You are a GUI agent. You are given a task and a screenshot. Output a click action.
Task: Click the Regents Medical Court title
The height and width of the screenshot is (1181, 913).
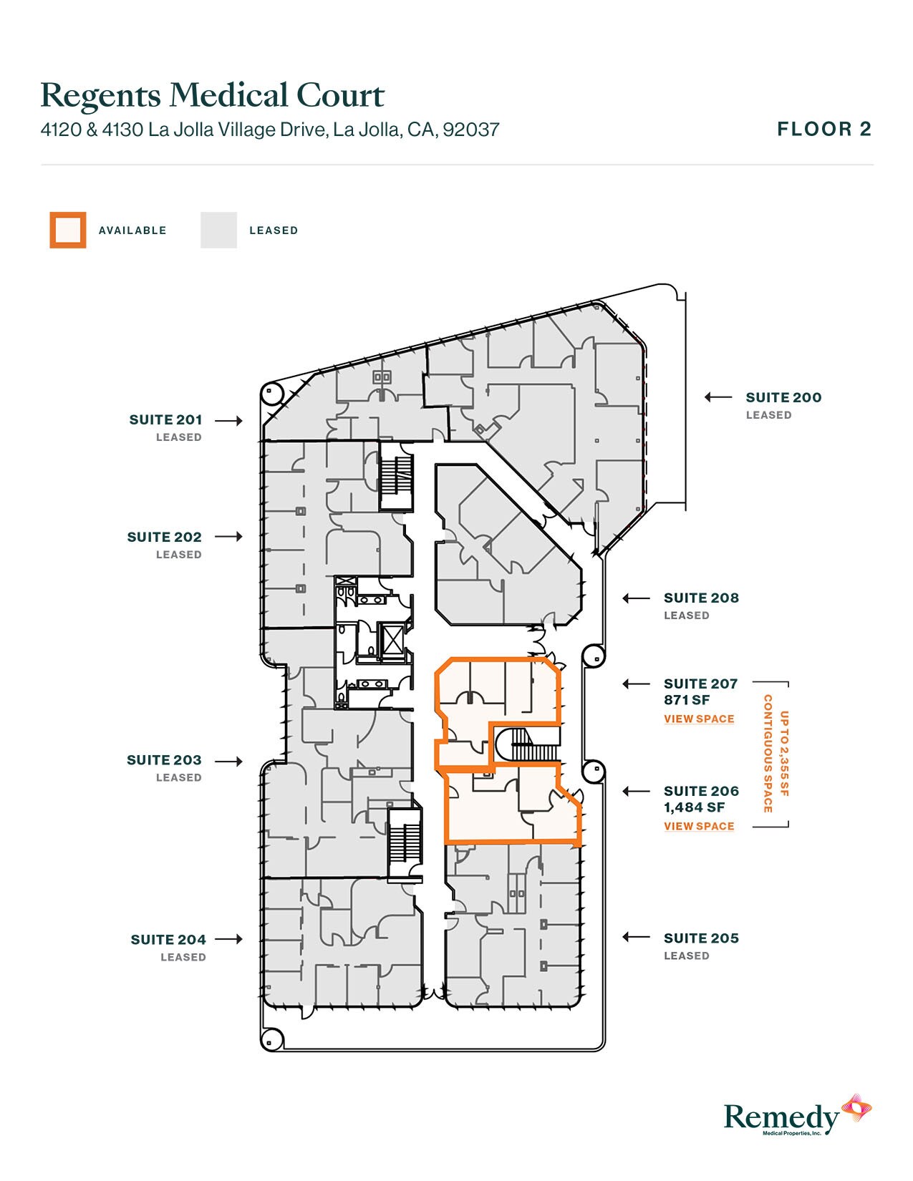click(x=213, y=96)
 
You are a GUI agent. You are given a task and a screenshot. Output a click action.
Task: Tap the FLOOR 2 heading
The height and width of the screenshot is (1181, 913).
click(x=824, y=130)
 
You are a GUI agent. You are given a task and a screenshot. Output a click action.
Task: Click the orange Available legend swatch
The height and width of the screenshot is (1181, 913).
click(x=68, y=230)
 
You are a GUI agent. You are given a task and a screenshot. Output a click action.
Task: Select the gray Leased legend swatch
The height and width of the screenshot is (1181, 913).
click(x=218, y=230)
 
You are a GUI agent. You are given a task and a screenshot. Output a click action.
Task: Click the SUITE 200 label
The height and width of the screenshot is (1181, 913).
click(x=783, y=398)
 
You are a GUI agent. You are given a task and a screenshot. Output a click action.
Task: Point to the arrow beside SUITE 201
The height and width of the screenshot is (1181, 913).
click(x=228, y=421)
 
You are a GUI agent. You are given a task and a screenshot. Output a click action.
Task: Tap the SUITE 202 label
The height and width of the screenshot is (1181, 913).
click(x=164, y=538)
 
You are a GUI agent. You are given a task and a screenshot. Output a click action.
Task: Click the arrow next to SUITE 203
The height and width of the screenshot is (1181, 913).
click(x=228, y=762)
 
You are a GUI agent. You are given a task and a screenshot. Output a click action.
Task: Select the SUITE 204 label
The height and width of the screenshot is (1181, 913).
click(x=168, y=940)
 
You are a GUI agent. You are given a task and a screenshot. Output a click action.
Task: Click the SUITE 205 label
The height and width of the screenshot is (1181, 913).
click(x=701, y=938)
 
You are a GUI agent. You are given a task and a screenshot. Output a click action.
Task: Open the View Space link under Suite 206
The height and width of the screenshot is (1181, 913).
click(x=699, y=826)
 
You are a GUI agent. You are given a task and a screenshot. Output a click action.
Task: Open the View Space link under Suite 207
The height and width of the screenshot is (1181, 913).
click(x=699, y=719)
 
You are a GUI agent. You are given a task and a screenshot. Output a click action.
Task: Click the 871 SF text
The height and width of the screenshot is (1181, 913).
click(x=686, y=700)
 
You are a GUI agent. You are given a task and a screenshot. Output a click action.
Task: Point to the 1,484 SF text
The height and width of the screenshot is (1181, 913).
click(x=694, y=807)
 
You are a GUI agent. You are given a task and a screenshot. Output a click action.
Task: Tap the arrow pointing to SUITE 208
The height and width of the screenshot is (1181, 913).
click(x=636, y=598)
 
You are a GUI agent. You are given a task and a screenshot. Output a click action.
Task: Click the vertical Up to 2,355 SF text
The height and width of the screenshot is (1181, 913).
click(x=783, y=754)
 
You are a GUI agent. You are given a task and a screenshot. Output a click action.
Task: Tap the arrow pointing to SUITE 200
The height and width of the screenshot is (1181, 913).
click(x=718, y=397)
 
